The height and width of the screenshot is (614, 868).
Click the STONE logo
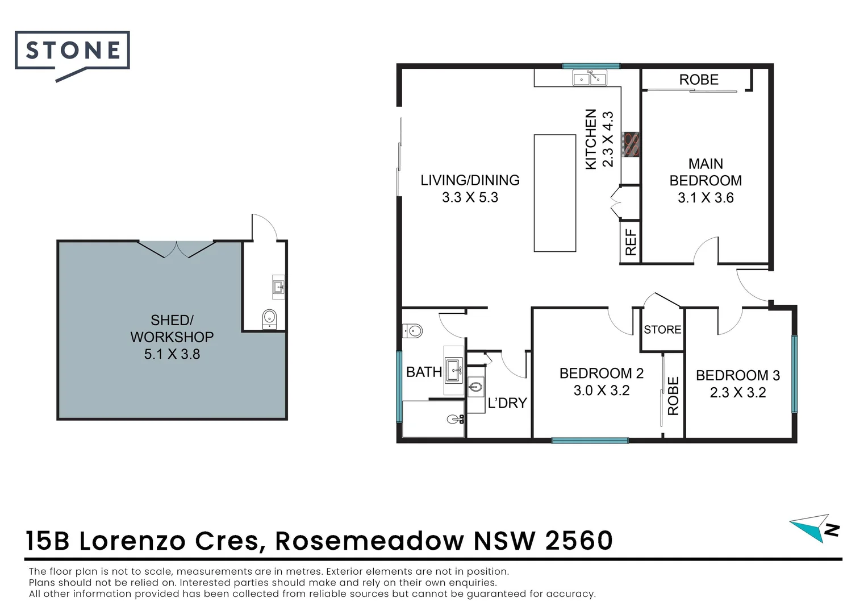click(x=72, y=52)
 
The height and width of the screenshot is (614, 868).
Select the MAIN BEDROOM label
click(x=706, y=172)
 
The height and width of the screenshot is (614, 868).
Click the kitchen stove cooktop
click(x=631, y=144)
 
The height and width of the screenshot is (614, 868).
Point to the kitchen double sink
click(x=590, y=77)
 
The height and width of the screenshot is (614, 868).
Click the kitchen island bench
click(x=555, y=193)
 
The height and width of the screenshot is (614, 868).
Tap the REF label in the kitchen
click(x=631, y=243)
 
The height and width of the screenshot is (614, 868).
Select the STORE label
click(x=662, y=330)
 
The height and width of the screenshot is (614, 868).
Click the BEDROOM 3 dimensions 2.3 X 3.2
click(x=738, y=393)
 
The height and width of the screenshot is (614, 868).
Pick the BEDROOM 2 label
click(x=601, y=374)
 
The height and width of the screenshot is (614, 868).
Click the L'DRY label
click(x=507, y=403)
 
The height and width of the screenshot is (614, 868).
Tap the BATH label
click(x=424, y=372)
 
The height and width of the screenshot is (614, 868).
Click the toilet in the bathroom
click(x=412, y=330)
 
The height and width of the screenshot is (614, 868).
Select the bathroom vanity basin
click(x=454, y=370)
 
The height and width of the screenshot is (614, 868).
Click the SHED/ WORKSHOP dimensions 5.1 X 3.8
click(x=172, y=354)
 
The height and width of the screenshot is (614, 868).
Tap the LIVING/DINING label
click(x=470, y=180)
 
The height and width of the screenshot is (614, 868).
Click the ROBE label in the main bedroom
click(x=699, y=80)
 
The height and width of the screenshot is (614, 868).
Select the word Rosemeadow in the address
click(x=369, y=541)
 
